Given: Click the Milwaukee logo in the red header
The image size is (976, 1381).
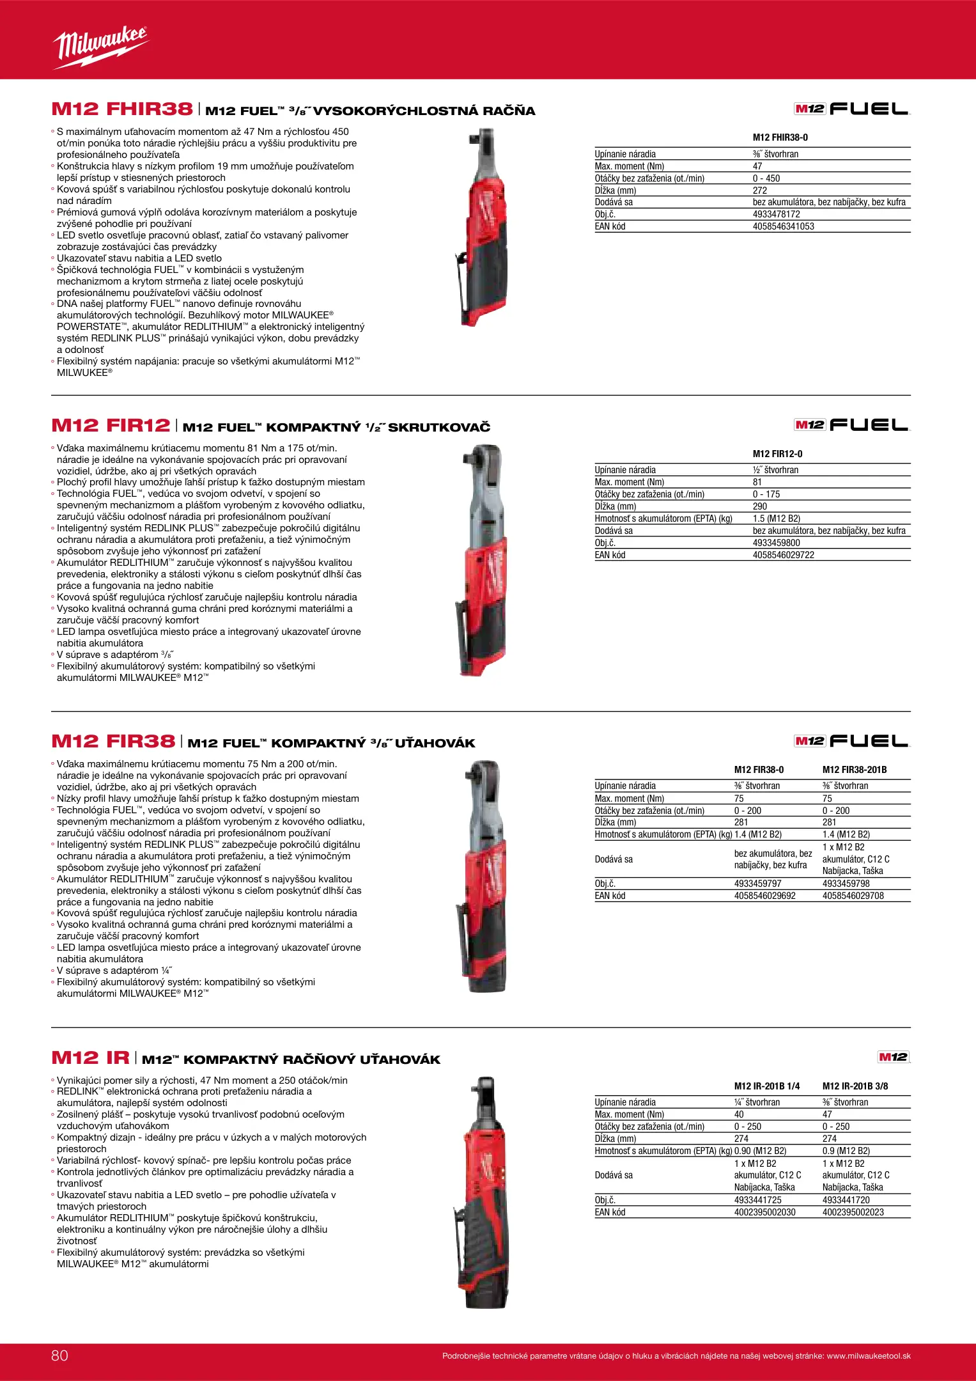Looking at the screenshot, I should tap(101, 47).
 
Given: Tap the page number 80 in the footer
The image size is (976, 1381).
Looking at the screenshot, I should tap(59, 1355).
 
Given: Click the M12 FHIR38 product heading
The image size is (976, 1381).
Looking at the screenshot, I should tap(122, 109).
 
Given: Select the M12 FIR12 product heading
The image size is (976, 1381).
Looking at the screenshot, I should tap(111, 426).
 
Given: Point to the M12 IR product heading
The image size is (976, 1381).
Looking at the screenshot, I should tap(90, 1058).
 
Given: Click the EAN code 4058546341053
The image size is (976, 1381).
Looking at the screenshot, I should tap(783, 226).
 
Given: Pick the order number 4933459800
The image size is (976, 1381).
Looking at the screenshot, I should tap(776, 543).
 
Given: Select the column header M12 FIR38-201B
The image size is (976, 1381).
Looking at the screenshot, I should tap(854, 770).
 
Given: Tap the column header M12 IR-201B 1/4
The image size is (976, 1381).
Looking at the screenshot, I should tap(766, 1086).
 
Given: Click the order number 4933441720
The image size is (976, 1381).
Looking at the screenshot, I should tap(846, 1200).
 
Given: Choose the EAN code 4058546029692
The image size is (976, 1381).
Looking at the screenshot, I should tap(764, 896).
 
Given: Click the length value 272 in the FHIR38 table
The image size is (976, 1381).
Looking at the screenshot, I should tap(759, 191).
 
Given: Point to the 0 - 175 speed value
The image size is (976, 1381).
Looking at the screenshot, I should tap(766, 494).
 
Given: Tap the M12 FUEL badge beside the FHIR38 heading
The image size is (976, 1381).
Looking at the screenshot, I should tap(851, 109).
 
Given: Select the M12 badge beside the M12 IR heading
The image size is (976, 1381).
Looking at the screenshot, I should tap(893, 1057).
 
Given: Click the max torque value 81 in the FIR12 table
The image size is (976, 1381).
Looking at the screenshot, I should tap(757, 482).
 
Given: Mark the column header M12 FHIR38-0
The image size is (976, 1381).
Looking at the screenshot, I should tap(780, 137).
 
